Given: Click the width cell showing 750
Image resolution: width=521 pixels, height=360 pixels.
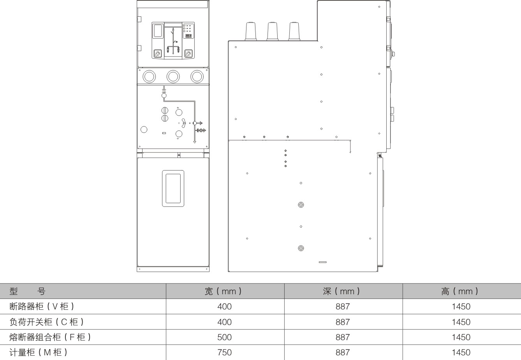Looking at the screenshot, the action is [224, 353].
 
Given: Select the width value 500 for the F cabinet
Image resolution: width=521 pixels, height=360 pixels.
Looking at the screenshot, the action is [224, 337].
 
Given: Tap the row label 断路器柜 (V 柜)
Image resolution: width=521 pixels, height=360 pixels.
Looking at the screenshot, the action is [42, 307].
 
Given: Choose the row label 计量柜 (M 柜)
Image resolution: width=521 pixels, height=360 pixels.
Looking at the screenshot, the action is [39, 353].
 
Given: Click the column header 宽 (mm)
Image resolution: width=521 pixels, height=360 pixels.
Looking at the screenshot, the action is [223, 291].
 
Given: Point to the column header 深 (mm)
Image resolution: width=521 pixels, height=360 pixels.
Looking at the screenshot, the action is [341, 291].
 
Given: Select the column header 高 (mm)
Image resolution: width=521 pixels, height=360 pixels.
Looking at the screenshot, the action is [459, 291].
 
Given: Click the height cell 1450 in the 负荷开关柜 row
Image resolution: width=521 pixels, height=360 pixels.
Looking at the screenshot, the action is [461, 322].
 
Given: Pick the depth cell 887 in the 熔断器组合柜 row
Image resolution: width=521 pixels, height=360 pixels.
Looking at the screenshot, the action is [343, 337].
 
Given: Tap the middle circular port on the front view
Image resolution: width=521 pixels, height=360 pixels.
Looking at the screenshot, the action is [173, 76].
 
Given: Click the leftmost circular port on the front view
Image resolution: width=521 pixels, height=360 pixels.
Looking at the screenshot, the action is [149, 76].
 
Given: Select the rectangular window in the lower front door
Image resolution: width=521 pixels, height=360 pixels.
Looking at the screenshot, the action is [173, 188].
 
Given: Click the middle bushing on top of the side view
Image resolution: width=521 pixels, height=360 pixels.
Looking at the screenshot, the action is [272, 31].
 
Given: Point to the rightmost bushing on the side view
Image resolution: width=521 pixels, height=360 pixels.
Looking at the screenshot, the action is [294, 31].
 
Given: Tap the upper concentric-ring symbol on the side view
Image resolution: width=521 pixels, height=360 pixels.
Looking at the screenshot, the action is [301, 205].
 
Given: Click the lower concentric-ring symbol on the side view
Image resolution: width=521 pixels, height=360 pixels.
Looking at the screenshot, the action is [301, 248].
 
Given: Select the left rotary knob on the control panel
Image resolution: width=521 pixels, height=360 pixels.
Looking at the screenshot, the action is [157, 53].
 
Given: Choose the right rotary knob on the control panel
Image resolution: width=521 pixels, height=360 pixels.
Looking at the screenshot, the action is [188, 53].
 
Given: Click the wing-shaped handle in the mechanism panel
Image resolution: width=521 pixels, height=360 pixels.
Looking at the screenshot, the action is [184, 123].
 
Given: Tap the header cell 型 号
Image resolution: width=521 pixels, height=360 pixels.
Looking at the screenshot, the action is [27, 291].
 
